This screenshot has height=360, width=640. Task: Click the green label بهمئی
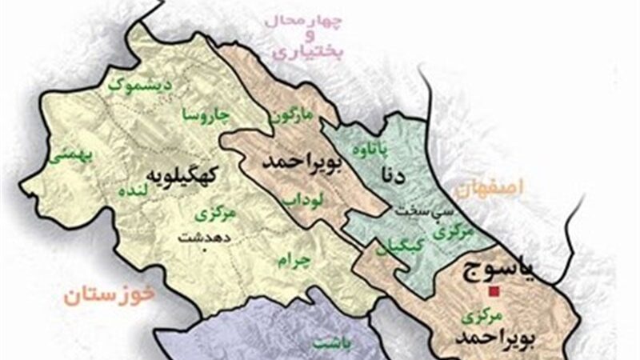64,156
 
